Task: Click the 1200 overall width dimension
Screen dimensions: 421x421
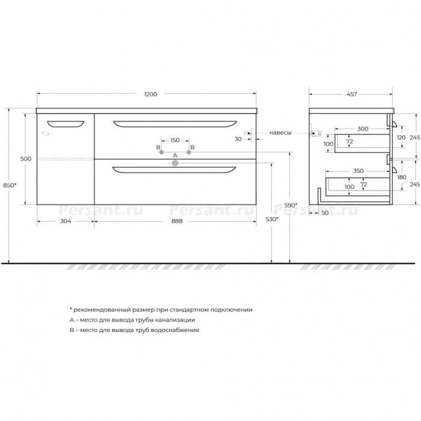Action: tap(150, 94)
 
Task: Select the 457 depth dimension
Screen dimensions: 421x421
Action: tap(352, 94)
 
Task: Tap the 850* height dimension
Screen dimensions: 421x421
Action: tap(10, 185)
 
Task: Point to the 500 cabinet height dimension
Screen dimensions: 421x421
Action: tap(26, 159)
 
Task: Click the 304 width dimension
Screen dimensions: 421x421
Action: tap(66, 221)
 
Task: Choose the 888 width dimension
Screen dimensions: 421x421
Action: tap(177, 221)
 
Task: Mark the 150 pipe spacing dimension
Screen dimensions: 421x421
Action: tap(175, 140)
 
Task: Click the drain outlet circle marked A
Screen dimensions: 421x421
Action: tap(175, 163)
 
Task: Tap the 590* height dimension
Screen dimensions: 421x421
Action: tap(291, 206)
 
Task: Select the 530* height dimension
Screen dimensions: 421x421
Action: tap(272, 220)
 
